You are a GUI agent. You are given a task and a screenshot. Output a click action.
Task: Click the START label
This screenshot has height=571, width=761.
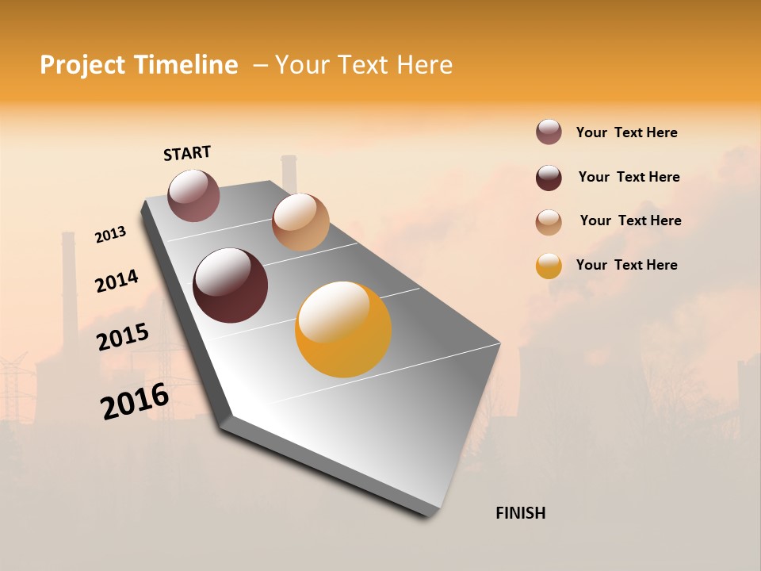(x=187, y=153)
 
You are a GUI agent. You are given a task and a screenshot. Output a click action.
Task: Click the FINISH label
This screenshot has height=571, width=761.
(x=520, y=513)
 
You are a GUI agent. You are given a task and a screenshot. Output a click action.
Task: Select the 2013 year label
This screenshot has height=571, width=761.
(x=110, y=235)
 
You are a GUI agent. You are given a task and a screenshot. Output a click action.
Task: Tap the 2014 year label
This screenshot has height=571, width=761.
(x=117, y=281)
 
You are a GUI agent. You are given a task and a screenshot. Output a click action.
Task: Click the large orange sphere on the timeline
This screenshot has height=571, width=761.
(x=343, y=329)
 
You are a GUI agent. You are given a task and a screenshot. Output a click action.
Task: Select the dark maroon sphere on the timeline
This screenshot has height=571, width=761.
(x=230, y=285)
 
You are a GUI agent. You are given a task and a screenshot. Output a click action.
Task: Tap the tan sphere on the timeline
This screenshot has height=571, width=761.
(x=300, y=222)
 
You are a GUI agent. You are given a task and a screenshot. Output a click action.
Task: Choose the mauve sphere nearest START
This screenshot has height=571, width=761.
(x=193, y=195)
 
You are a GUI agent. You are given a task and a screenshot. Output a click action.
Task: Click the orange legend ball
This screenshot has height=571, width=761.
(x=549, y=266)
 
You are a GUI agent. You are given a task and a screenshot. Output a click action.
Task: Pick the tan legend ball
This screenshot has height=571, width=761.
(x=549, y=222)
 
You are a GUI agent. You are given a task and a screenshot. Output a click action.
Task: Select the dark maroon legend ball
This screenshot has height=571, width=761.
(x=549, y=178)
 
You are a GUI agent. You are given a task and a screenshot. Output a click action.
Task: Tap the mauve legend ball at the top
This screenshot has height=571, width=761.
(x=549, y=132)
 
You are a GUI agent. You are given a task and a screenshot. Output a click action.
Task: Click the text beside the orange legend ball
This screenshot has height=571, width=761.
(x=626, y=265)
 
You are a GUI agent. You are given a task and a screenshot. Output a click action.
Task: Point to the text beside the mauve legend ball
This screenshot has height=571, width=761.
(x=626, y=132)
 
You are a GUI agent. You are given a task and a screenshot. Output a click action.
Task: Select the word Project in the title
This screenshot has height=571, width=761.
(x=82, y=65)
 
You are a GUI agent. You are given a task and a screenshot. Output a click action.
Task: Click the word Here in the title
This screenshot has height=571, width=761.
(x=424, y=65)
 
